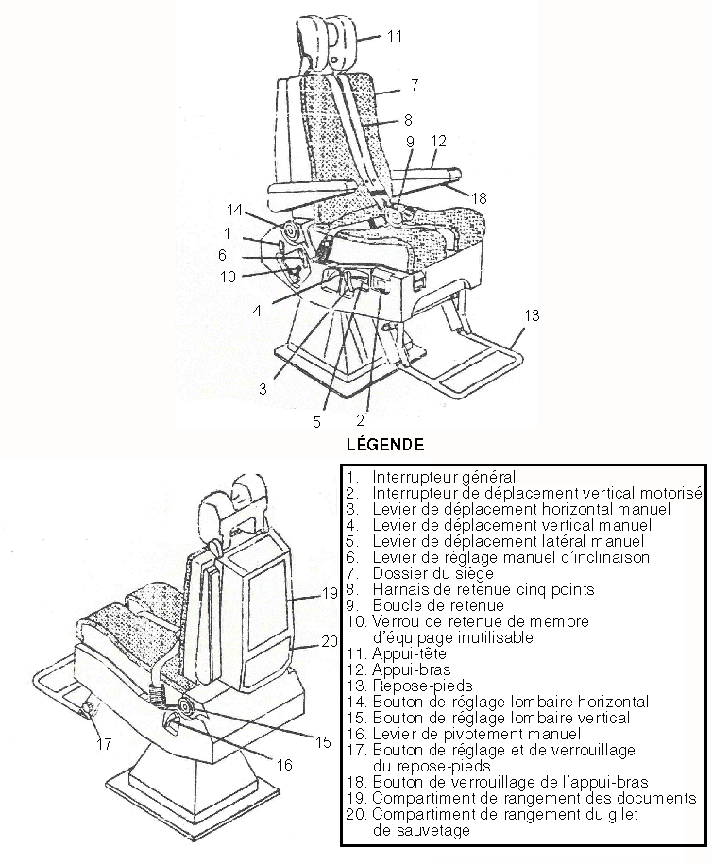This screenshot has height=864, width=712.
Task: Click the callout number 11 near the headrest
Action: tap(395, 36)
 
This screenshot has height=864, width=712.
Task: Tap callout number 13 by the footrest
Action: tap(533, 315)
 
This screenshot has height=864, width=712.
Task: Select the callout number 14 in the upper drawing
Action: tap(235, 209)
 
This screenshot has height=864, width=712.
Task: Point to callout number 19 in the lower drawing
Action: tap(329, 594)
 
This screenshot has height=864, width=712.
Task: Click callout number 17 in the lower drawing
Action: tap(103, 744)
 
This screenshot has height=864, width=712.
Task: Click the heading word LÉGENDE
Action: tap(385, 443)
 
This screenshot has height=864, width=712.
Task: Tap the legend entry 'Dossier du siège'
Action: tap(430, 574)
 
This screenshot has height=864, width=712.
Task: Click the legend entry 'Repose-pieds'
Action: tap(420, 686)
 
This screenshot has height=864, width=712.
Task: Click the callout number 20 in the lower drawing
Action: tap(330, 641)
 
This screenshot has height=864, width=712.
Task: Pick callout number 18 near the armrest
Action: tap(480, 198)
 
